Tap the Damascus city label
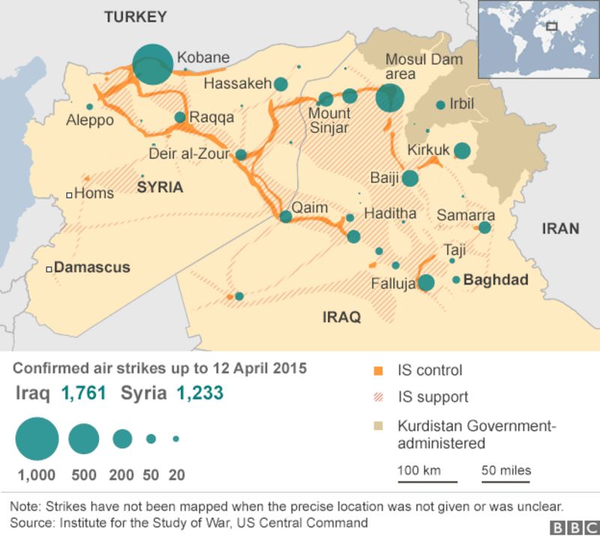tap(92, 267)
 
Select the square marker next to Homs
tap(69, 194)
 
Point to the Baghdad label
tap(496, 280)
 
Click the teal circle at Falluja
tap(426, 282)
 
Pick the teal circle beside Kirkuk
tap(462, 151)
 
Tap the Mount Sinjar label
tap(330, 120)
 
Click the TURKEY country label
tap(136, 17)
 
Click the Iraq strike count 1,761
tap(83, 393)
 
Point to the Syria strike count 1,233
tap(200, 393)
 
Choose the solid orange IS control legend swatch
tap(378, 371)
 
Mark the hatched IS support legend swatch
tap(378, 398)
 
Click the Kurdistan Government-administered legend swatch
tap(378, 426)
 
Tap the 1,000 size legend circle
tap(36, 438)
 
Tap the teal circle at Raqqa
tap(180, 117)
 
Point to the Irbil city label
tap(462, 104)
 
